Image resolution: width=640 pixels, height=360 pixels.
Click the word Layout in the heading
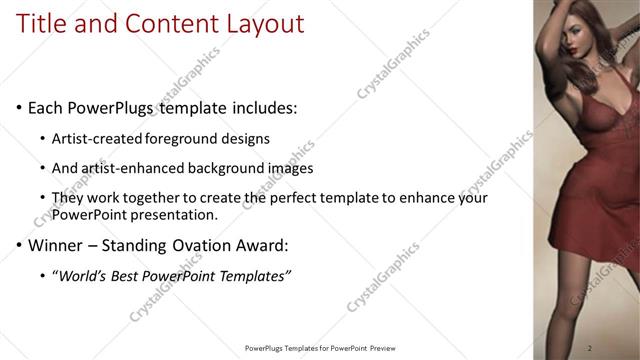point(263,23)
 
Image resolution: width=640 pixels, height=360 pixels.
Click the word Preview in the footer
point(391,348)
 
